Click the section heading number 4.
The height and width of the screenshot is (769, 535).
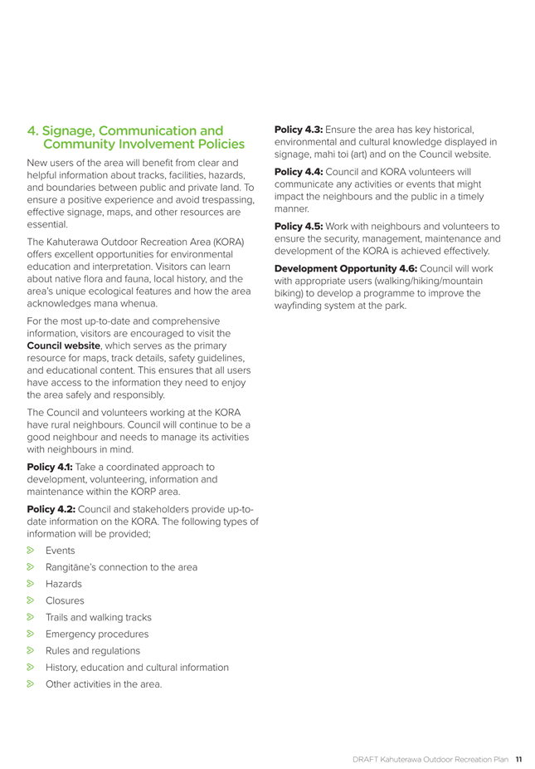32,131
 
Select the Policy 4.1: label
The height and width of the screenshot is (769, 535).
51,467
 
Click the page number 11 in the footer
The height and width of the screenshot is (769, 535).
518,758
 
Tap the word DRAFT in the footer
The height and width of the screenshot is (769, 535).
366,758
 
